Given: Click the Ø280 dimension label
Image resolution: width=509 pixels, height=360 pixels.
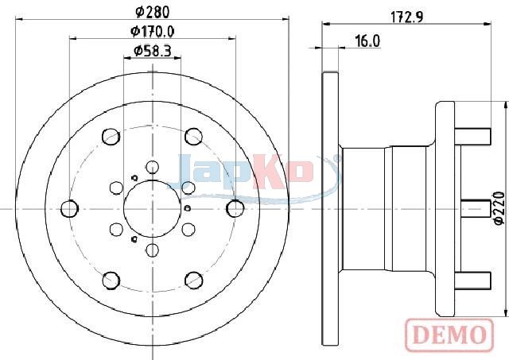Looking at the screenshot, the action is point(152,13).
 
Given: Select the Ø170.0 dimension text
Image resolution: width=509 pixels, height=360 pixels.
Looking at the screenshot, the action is point(152,32).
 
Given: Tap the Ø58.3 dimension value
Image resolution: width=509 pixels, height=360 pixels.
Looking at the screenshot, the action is point(152,51).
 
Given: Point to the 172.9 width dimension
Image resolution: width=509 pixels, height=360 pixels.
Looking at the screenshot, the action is point(406,17).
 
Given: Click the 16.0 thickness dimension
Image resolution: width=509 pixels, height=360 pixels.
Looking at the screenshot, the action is point(367,41).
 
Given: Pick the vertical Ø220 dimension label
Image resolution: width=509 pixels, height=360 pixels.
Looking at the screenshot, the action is point(499,208).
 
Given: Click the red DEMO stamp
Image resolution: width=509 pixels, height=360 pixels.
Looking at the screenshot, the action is point(450,335).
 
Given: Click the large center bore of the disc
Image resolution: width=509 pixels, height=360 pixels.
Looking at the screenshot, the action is point(152,208).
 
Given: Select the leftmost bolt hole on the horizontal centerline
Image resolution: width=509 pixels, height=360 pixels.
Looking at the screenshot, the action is point(69,208).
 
